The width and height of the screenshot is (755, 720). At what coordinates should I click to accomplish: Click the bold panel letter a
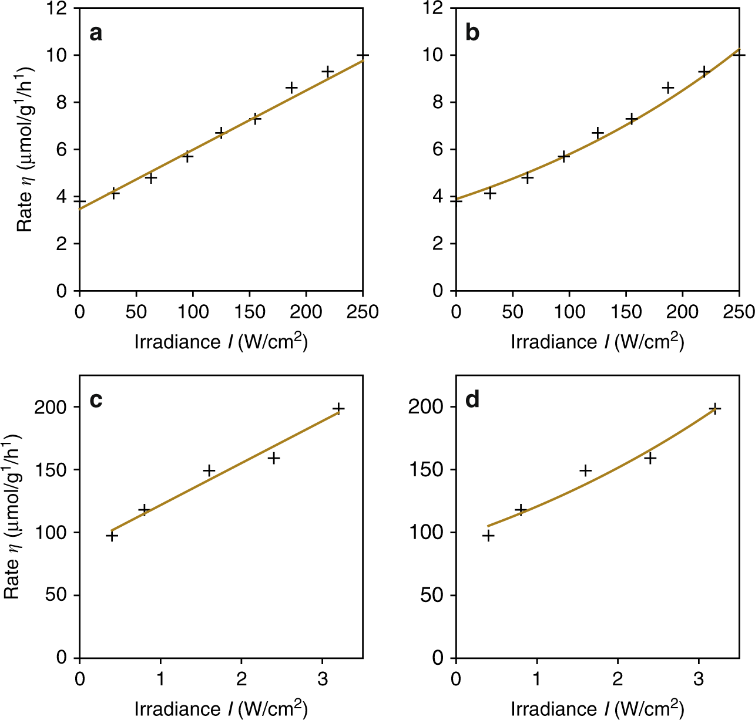click(96, 33)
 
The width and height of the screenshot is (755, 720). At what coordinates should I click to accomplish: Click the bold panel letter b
click(472, 33)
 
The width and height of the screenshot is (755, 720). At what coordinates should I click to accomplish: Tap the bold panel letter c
click(96, 401)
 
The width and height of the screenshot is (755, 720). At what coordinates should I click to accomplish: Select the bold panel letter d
click(472, 401)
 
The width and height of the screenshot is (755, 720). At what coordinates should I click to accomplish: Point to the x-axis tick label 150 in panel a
click(249, 312)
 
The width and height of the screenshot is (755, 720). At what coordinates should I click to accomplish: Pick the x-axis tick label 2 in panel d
click(618, 678)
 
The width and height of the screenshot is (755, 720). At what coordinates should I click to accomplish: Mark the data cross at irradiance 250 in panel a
click(363, 56)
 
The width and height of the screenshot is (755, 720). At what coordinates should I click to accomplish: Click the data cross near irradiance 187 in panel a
click(291, 88)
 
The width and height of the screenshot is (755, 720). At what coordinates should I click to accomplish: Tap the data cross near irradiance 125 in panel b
click(598, 133)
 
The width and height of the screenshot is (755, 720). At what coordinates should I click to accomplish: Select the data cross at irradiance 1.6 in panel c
click(209, 470)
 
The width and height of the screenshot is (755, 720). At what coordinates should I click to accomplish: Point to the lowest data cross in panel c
click(112, 536)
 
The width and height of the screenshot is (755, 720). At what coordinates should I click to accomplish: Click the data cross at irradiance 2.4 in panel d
click(650, 458)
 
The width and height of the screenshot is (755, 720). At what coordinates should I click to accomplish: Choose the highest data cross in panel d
click(714, 409)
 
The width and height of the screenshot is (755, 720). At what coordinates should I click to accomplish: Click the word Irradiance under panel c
click(178, 709)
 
